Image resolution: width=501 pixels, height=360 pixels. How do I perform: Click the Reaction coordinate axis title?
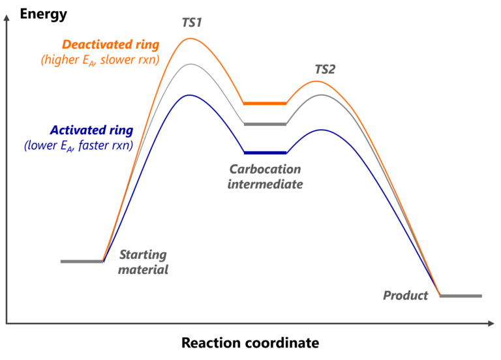pos(250,342)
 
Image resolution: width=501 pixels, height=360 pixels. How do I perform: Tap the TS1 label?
pos(191,23)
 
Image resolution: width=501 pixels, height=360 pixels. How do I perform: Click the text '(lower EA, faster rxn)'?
pos(78,145)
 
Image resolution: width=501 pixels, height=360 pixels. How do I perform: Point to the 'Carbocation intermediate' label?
pos(264,177)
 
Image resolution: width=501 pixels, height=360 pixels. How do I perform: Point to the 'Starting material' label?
pos(144,262)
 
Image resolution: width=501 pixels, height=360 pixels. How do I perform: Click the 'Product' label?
pos(405,296)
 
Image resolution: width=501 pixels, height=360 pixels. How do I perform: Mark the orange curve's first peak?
pos(190,38)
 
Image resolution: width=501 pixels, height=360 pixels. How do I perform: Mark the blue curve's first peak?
pos(189,95)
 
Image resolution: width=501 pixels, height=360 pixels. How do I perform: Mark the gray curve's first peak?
pos(190,65)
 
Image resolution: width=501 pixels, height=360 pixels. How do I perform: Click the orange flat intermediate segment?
pos(265,103)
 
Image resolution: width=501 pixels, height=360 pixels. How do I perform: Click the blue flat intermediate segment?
pos(265,153)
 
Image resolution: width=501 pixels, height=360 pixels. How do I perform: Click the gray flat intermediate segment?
pos(265,124)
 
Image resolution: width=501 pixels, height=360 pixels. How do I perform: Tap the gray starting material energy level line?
pos(82,262)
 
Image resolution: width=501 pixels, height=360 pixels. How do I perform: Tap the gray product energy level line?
pos(461,296)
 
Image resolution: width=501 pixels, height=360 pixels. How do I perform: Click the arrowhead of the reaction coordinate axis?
pos(490,323)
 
